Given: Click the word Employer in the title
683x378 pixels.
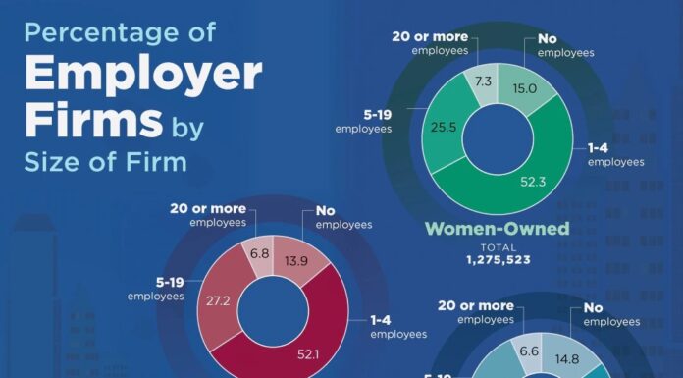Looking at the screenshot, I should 142,76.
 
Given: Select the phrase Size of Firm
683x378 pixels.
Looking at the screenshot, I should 105,161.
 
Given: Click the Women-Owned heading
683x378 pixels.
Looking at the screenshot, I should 497,230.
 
